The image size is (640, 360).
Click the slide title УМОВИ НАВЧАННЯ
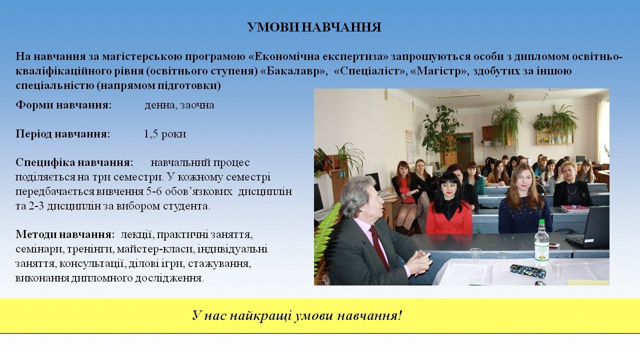(x=314, y=27)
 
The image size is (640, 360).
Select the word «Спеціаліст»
(x=369, y=71)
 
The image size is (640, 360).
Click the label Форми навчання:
(x=63, y=105)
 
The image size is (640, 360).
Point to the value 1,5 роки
(x=165, y=133)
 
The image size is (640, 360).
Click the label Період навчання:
(x=63, y=133)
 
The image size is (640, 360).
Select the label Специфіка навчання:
(x=74, y=162)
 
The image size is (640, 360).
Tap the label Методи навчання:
(x=65, y=234)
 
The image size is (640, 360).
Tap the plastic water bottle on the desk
(x=541, y=243)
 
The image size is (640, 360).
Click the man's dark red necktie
(x=379, y=247)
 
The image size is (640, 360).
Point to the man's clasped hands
(x=418, y=262)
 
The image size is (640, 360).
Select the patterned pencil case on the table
(x=527, y=270)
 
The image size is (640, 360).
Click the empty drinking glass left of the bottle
(x=475, y=254)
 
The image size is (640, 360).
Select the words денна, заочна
(x=179, y=105)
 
